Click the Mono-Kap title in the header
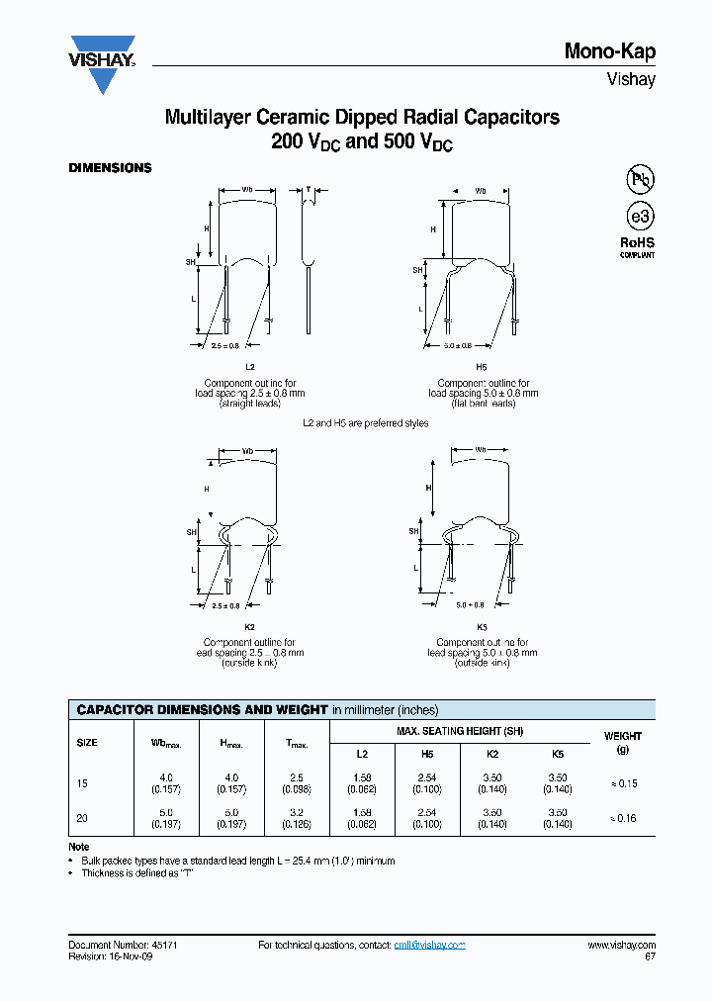[x=609, y=51]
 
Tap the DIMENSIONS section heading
[x=110, y=168]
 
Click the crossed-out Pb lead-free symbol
[x=640, y=179]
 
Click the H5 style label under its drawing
[x=482, y=366]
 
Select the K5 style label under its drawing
[x=482, y=627]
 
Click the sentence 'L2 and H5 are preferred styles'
[x=365, y=422]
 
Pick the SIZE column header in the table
[x=87, y=742]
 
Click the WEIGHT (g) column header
[x=623, y=743]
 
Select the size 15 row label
[x=82, y=783]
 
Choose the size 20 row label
[x=82, y=818]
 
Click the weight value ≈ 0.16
[x=623, y=818]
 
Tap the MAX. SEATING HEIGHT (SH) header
[x=459, y=731]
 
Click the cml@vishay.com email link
[x=429, y=946]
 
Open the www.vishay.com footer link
[x=621, y=946]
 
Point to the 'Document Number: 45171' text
[x=123, y=946]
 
